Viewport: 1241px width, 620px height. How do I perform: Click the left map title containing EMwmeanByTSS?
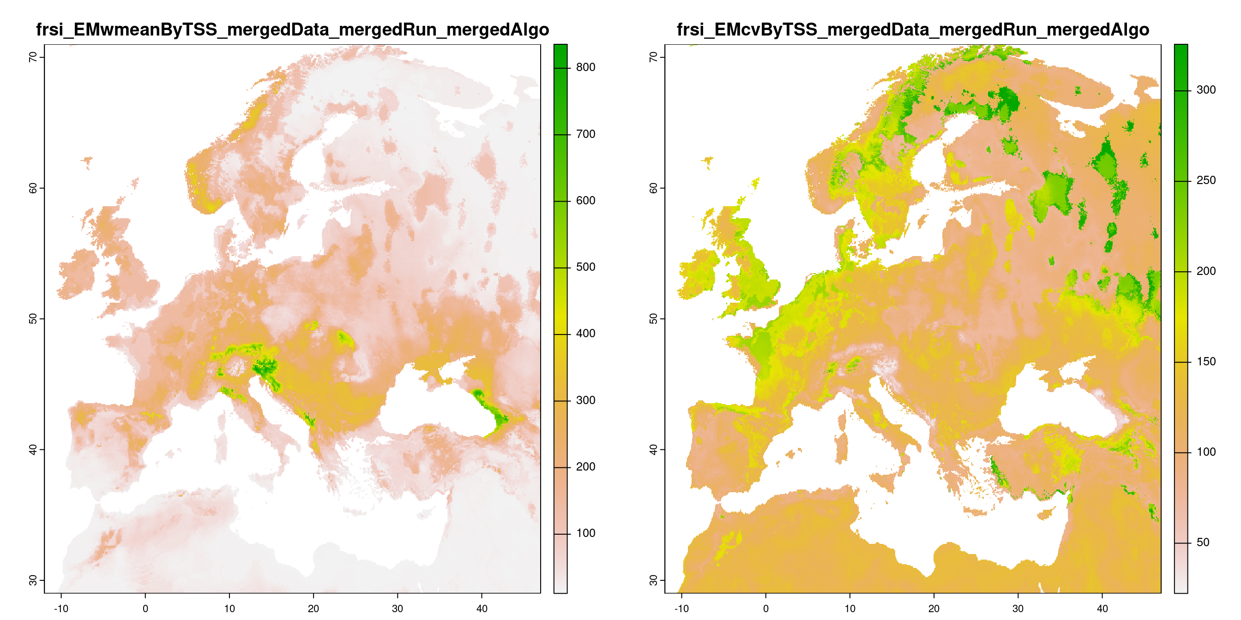[292, 30]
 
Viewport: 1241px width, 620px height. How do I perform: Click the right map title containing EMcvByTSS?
[912, 30]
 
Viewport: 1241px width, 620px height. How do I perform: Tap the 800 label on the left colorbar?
[585, 67]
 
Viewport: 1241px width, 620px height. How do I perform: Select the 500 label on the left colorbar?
[585, 267]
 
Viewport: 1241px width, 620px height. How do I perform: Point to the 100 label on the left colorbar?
[585, 533]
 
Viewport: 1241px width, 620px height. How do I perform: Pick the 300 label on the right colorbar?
[1206, 90]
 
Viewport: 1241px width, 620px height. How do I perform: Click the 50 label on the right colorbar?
[1203, 542]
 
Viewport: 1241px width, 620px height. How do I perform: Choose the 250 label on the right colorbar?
[1206, 180]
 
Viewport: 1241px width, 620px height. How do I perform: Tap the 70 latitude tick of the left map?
[33, 57]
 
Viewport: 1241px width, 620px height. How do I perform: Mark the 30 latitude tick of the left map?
[33, 580]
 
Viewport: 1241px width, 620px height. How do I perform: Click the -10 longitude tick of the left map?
[60, 608]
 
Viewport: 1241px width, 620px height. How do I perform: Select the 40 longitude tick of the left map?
[482, 608]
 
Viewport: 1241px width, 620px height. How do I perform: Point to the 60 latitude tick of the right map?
[653, 188]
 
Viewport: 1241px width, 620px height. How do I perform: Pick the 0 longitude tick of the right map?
[766, 608]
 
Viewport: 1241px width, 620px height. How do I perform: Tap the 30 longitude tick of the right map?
[1018, 608]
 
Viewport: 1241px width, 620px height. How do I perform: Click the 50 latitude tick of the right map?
[653, 319]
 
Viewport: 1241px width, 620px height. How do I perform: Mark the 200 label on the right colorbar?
[1206, 271]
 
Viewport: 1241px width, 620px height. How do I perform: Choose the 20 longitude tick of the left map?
[313, 608]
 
